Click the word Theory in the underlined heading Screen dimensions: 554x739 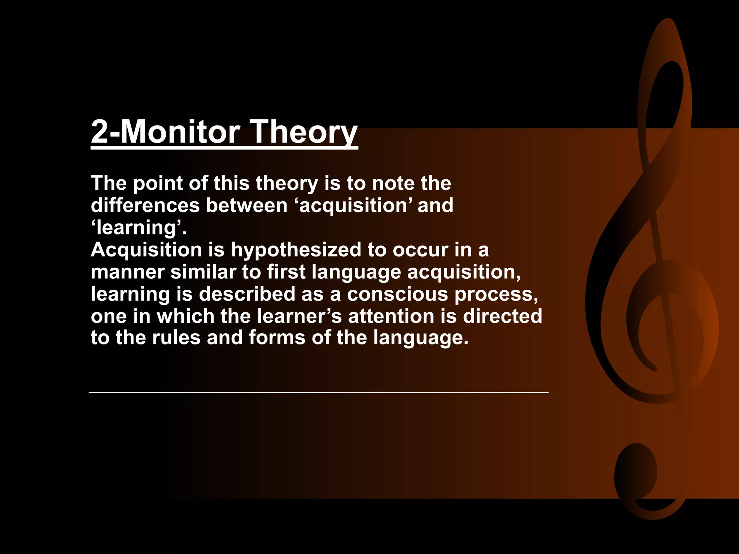coord(303,132)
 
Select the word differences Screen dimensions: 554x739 coord(145,206)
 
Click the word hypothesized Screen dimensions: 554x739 coord(296,250)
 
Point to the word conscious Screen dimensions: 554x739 coord(397,294)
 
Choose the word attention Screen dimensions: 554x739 coord(391,316)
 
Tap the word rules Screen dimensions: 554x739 coord(176,338)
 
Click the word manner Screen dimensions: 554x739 coord(127,272)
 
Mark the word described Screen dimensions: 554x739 coord(247,294)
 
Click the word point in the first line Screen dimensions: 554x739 coord(158,184)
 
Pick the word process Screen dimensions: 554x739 coord(496,295)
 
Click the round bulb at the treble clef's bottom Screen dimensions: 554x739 coord(636,471)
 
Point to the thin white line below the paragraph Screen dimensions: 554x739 coord(318,392)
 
